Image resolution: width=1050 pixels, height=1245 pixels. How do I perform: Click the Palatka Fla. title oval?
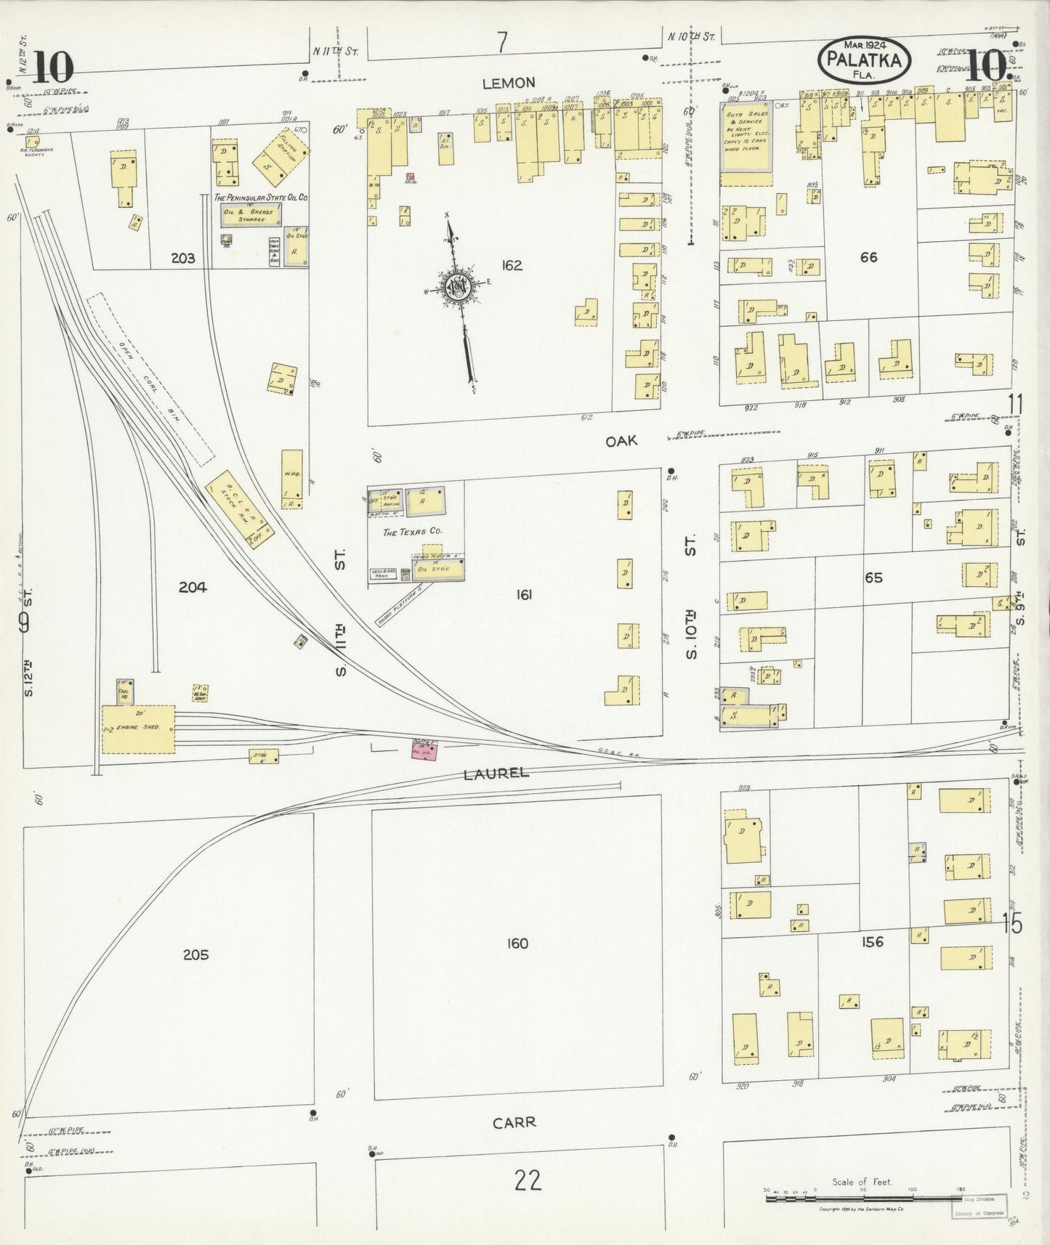864,60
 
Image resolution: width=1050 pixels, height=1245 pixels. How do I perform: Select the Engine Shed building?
138,729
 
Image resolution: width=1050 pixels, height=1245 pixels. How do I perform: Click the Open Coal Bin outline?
150,379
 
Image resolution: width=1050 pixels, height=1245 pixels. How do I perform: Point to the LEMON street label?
509,84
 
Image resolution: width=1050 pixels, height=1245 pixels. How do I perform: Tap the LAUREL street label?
496,774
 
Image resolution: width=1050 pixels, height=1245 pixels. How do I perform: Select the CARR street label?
514,1122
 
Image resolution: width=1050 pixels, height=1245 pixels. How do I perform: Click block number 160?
517,944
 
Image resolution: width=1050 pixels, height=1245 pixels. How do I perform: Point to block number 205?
196,954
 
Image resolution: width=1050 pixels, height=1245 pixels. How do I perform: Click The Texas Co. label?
412,532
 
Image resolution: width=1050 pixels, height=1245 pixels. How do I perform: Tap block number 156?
871,942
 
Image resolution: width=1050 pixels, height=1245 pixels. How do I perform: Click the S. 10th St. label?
690,596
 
